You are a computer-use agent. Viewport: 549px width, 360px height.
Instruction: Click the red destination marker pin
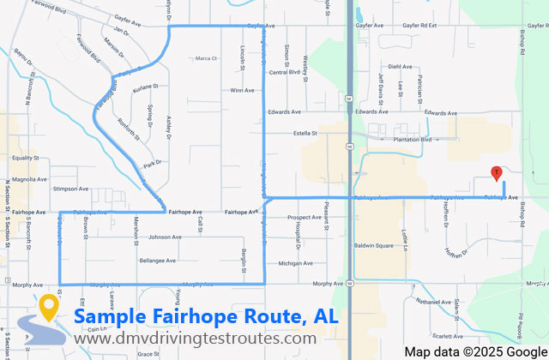click(496, 172)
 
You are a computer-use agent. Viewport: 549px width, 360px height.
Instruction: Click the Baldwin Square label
click(373, 246)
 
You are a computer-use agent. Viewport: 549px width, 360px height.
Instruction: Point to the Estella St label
click(305, 133)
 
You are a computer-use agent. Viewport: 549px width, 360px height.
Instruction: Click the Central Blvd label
click(284, 72)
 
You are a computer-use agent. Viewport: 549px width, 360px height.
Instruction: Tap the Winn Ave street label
click(242, 90)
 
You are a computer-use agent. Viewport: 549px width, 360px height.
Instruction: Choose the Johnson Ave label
click(166, 237)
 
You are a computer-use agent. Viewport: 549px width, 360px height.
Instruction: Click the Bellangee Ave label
click(157, 260)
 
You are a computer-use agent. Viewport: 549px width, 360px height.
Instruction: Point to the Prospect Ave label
click(305, 218)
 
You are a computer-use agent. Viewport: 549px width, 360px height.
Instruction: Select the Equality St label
click(26, 158)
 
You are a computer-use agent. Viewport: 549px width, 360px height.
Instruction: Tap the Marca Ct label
click(207, 58)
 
